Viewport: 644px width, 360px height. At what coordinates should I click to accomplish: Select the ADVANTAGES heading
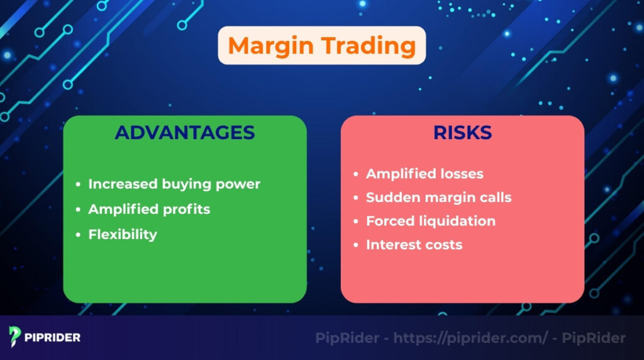point(185,133)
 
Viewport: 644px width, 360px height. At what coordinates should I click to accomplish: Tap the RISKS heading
point(462,133)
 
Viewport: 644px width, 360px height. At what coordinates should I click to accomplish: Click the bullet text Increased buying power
point(174,184)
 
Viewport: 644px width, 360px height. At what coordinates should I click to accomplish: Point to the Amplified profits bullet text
point(149,209)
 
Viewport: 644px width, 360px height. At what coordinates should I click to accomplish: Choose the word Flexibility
point(123,234)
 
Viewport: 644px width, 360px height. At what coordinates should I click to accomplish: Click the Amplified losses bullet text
point(425,173)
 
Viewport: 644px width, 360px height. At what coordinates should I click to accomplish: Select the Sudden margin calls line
point(438,197)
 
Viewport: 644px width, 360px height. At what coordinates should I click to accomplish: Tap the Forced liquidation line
point(431,221)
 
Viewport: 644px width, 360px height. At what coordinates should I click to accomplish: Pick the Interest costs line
point(414,245)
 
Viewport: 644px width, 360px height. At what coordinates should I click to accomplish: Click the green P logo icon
point(16,337)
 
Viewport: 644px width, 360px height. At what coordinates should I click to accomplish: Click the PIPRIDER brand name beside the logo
point(53,337)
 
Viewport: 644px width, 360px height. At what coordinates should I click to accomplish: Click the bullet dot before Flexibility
point(78,235)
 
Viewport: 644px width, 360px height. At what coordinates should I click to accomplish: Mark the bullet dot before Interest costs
point(356,245)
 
